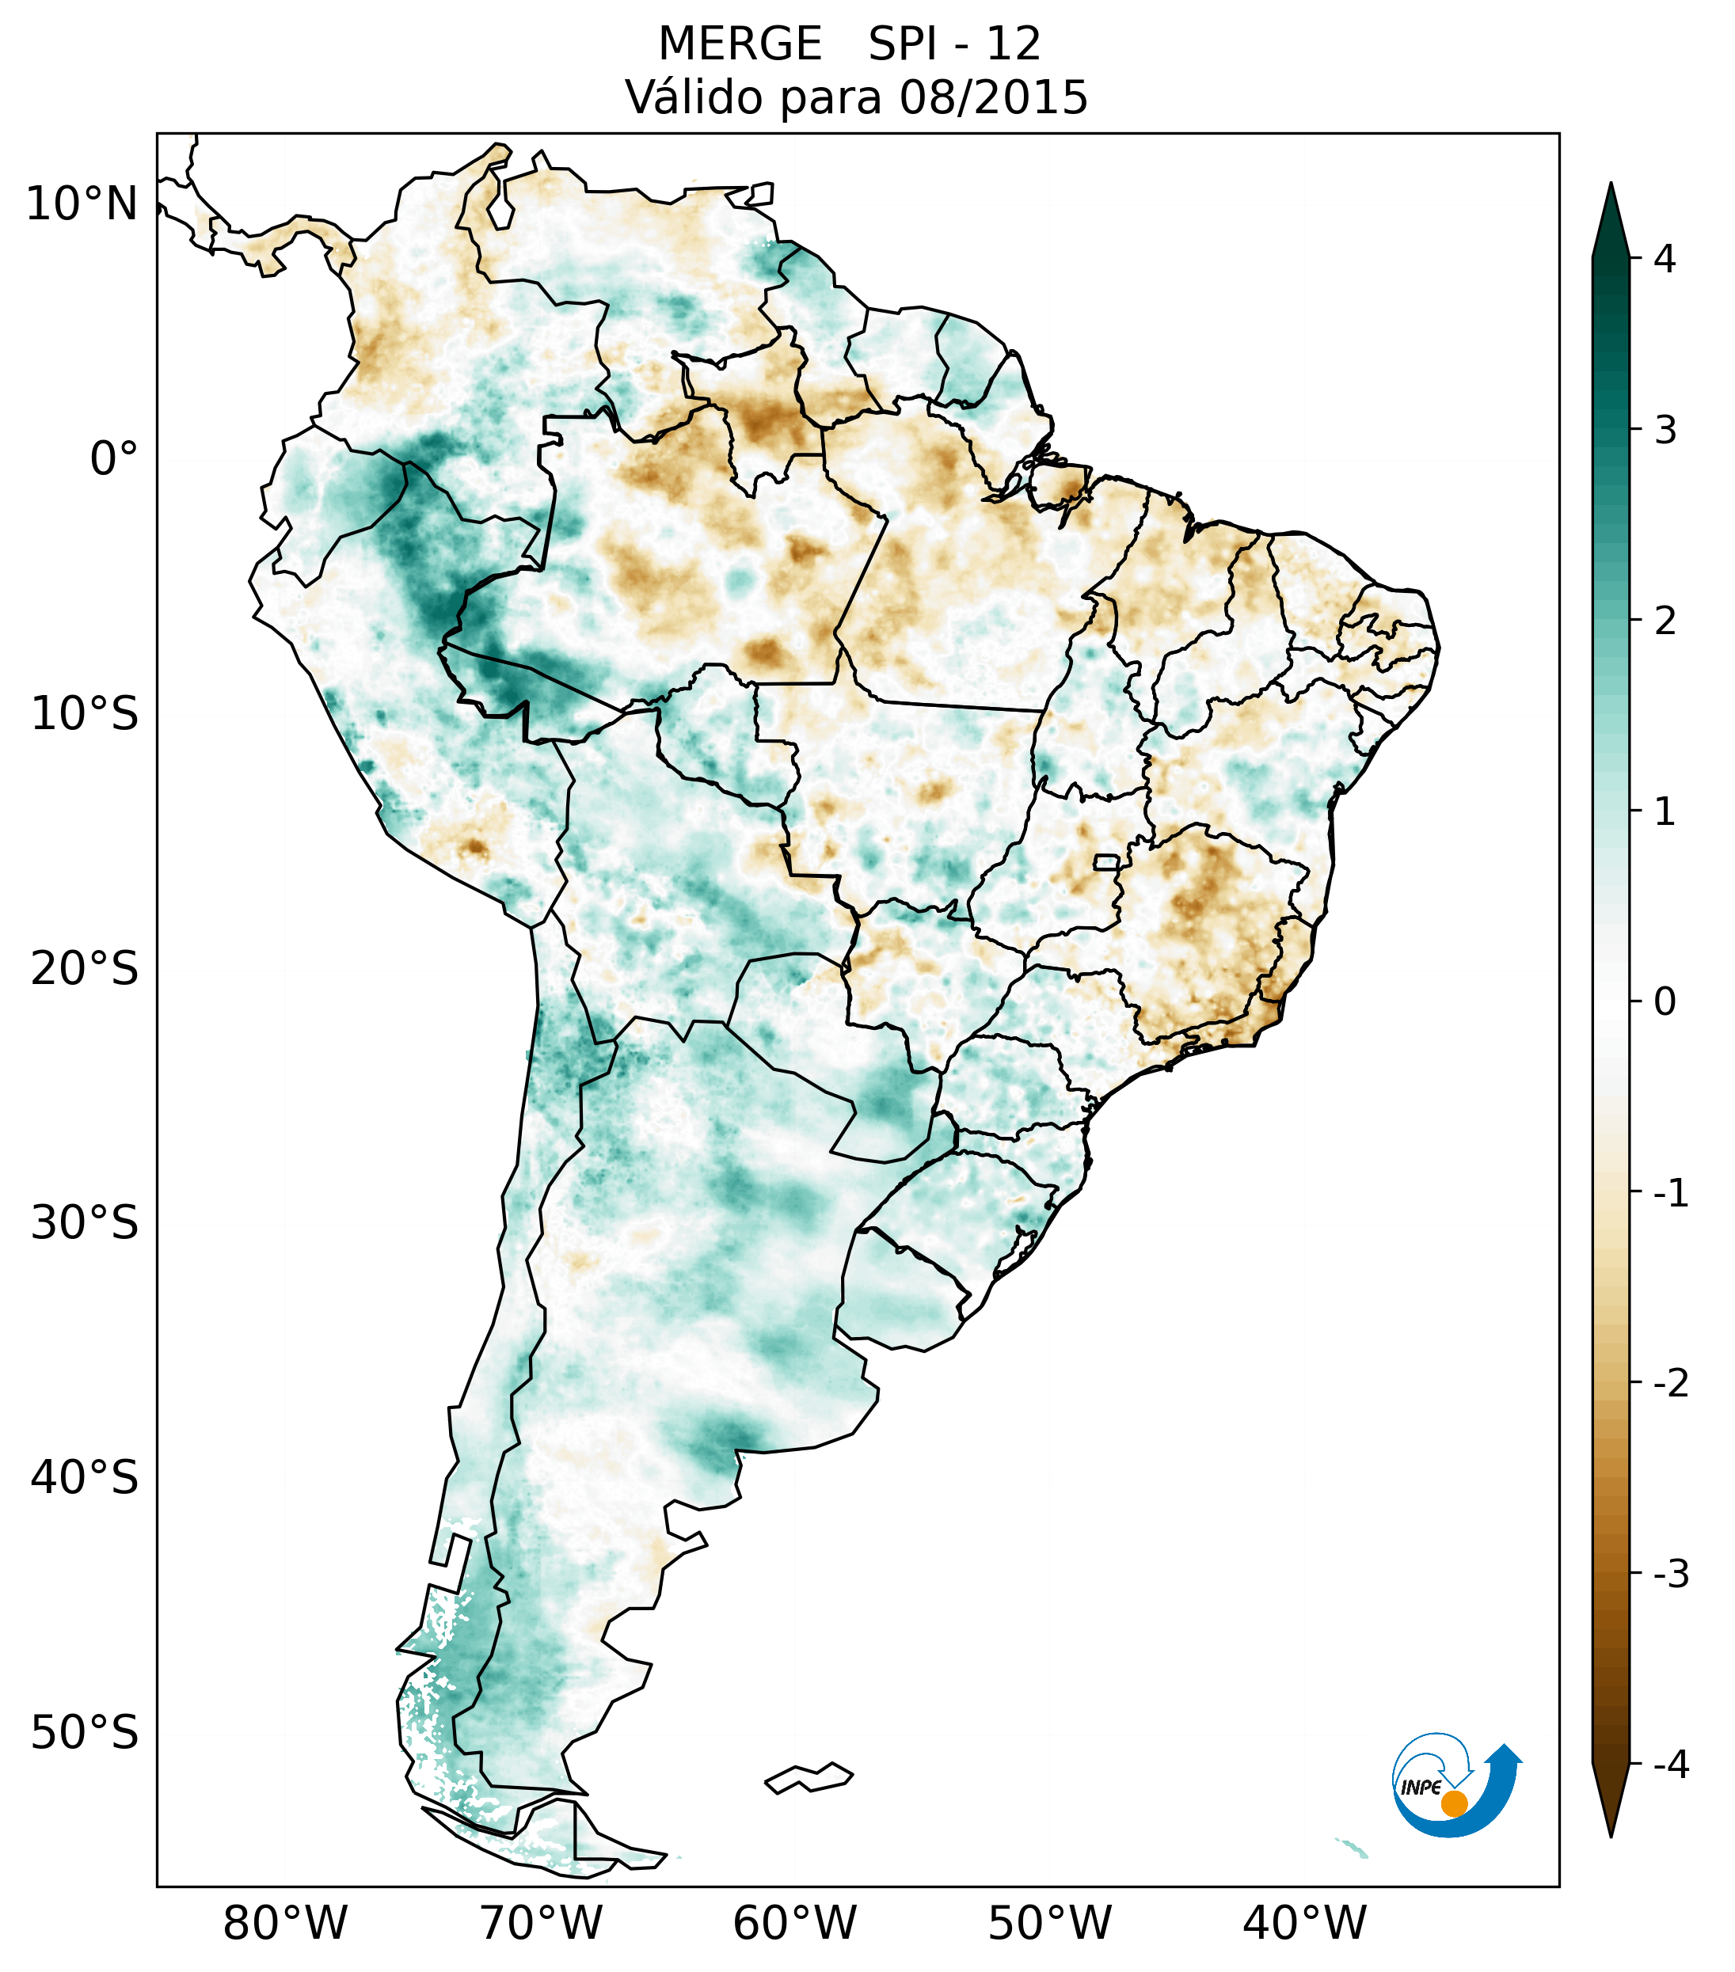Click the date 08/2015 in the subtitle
pyautogui.click(x=993, y=97)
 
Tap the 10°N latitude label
pyautogui.click(x=82, y=204)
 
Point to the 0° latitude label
pyautogui.click(x=114, y=459)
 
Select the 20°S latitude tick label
pyautogui.click(x=85, y=969)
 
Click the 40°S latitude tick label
pyautogui.click(x=85, y=1477)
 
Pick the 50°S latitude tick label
pyautogui.click(x=85, y=1733)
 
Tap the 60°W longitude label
pyautogui.click(x=794, y=1923)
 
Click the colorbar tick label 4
pyautogui.click(x=1665, y=259)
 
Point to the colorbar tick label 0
pyautogui.click(x=1665, y=1002)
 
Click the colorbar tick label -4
pyautogui.click(x=1670, y=1765)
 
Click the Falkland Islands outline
pyautogui.click(x=809, y=1777)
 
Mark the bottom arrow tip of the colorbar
pyautogui.click(x=1610, y=1834)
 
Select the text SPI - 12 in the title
pyautogui.click(x=954, y=44)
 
